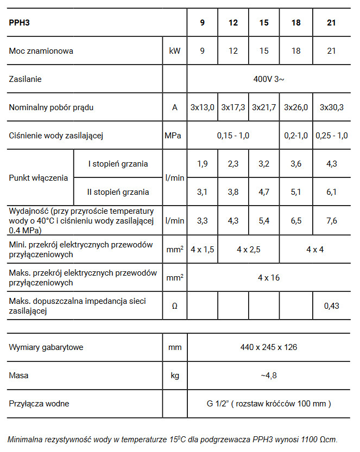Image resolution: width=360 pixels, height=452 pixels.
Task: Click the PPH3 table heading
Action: click(x=20, y=23)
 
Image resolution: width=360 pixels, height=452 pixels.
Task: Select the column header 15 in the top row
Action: click(x=264, y=23)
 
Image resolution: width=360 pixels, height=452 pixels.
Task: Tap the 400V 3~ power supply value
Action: click(x=269, y=79)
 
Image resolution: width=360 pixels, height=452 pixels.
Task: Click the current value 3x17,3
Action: click(x=233, y=107)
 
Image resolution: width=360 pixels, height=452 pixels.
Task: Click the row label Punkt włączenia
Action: click(x=39, y=177)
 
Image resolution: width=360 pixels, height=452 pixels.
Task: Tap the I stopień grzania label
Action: click(x=118, y=163)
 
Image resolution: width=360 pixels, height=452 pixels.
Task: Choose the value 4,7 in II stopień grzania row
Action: click(x=264, y=192)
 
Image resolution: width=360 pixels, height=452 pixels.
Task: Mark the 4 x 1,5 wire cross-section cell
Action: click(x=202, y=249)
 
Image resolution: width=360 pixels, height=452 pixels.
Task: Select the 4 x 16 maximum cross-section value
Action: click(x=269, y=277)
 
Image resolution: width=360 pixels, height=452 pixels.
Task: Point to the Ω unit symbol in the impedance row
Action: click(x=174, y=306)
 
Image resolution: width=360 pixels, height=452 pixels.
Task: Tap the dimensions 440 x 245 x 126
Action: click(x=269, y=347)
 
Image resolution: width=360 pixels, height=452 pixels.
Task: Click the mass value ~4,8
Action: click(x=269, y=375)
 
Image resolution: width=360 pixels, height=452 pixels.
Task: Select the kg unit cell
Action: click(x=174, y=375)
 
